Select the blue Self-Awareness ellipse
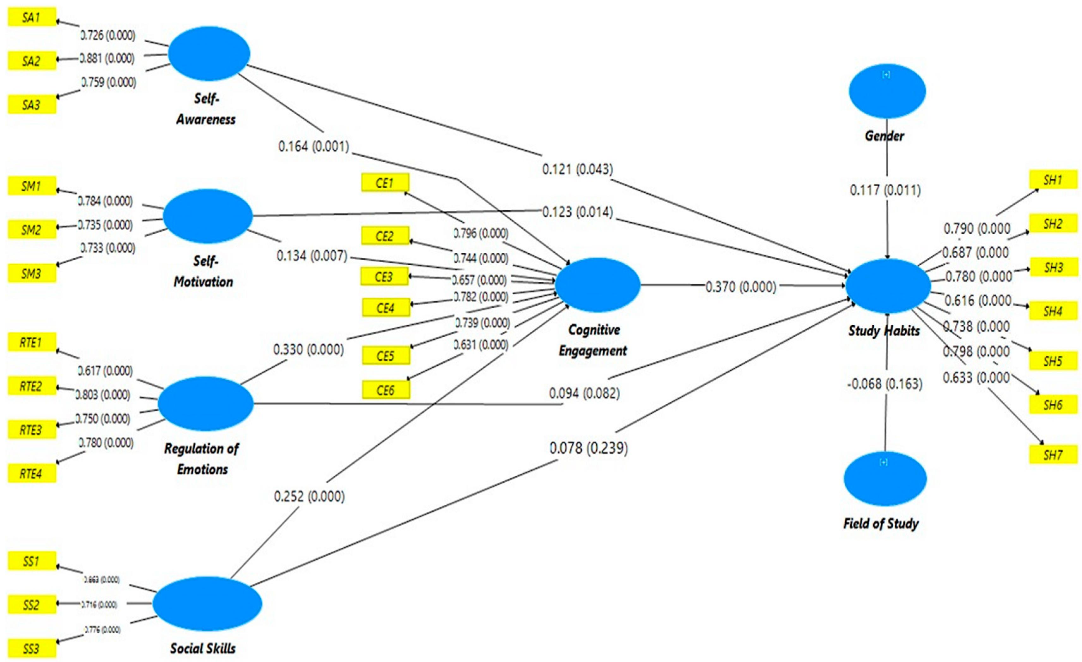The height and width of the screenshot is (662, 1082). click(209, 54)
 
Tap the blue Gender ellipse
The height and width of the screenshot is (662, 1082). click(887, 91)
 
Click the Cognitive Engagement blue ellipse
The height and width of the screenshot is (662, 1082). click(598, 285)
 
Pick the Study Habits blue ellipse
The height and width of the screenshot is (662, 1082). click(888, 286)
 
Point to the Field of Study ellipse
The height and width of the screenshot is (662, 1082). click(885, 479)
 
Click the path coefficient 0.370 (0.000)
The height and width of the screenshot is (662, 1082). click(740, 287)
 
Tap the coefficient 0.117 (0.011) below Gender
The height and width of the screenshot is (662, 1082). click(885, 190)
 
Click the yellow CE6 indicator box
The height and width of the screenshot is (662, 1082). click(386, 390)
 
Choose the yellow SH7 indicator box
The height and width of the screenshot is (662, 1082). click(1053, 455)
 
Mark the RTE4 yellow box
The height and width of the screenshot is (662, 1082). click(32, 474)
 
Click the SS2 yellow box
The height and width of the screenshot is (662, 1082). click(32, 605)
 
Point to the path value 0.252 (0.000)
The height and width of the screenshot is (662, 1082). click(309, 496)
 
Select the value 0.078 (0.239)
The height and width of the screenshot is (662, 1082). click(588, 448)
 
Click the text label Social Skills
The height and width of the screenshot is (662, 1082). click(203, 648)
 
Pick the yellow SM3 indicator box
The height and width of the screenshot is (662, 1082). click(32, 274)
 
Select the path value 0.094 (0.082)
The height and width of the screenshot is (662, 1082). click(584, 393)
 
